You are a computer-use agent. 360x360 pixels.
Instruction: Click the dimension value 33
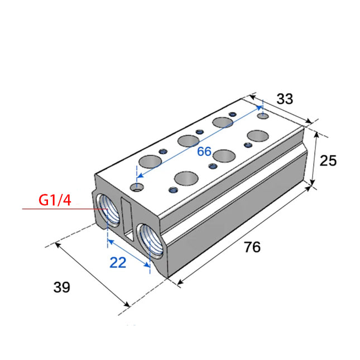pos(285,99)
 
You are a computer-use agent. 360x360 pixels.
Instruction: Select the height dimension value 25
pos(329,161)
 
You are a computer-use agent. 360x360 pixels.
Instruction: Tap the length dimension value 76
pos(252,247)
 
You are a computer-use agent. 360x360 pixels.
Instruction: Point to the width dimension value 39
pos(62,287)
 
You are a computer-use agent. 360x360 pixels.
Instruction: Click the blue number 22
pos(118,262)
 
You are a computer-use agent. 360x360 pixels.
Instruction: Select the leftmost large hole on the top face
pos(148,162)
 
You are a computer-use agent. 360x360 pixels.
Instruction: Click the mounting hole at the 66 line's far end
pos(262,116)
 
